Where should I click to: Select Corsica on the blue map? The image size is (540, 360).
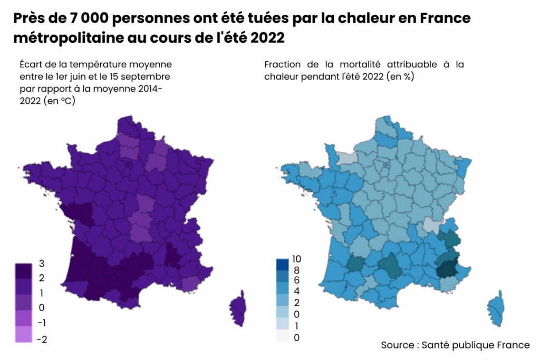click(496, 310)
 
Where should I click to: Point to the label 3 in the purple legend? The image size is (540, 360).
click(42, 264)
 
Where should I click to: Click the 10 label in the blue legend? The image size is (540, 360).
click(296, 259)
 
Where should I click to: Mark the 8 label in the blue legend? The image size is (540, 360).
click(296, 270)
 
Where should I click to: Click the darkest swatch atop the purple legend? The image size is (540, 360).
click(24, 270)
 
